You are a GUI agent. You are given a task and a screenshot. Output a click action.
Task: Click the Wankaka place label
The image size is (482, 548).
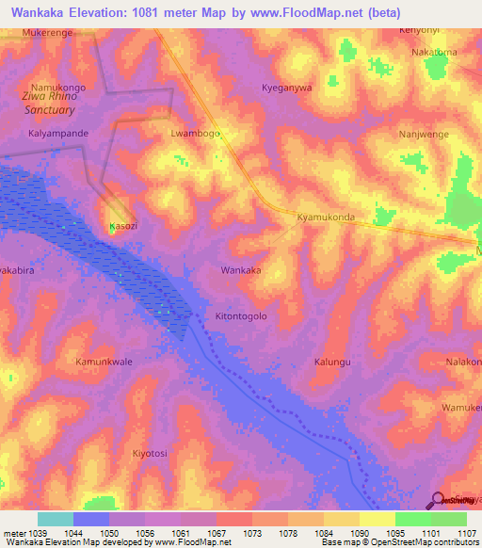[240, 270]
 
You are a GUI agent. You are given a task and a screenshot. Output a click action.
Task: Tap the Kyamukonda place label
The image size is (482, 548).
[325, 217]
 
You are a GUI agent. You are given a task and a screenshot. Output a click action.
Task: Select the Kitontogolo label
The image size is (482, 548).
[242, 316]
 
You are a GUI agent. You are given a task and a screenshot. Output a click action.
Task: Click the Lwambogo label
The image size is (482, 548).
[195, 134]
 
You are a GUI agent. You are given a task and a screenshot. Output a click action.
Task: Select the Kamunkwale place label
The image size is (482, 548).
[104, 362]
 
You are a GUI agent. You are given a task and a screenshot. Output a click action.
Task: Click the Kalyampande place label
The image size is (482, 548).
[58, 134]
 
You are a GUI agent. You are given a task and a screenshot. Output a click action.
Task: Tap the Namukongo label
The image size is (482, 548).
[59, 87]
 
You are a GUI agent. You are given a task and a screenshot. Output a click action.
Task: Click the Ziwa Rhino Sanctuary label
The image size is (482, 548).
[53, 104]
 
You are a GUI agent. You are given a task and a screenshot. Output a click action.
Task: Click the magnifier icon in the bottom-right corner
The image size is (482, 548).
[437, 501]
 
